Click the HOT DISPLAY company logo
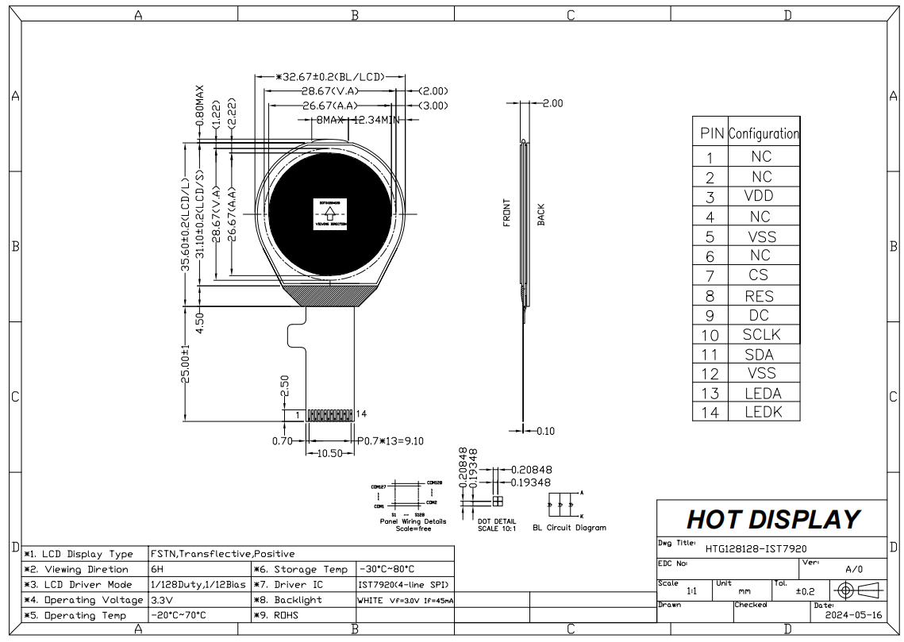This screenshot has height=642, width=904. [771, 519]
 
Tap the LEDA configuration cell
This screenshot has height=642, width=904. [762, 393]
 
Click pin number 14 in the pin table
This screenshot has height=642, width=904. [710, 412]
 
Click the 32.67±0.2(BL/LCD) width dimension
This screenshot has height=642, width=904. [332, 77]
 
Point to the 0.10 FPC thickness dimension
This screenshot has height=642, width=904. [545, 431]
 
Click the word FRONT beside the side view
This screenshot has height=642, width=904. [506, 213]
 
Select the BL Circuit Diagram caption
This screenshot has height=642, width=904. [569, 528]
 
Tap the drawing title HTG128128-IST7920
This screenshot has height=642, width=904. [750, 548]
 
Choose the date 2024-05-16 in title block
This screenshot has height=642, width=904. [854, 614]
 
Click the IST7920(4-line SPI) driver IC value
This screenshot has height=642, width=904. [405, 584]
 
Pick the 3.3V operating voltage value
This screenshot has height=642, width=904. [162, 600]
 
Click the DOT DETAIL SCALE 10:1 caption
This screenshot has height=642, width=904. [498, 525]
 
